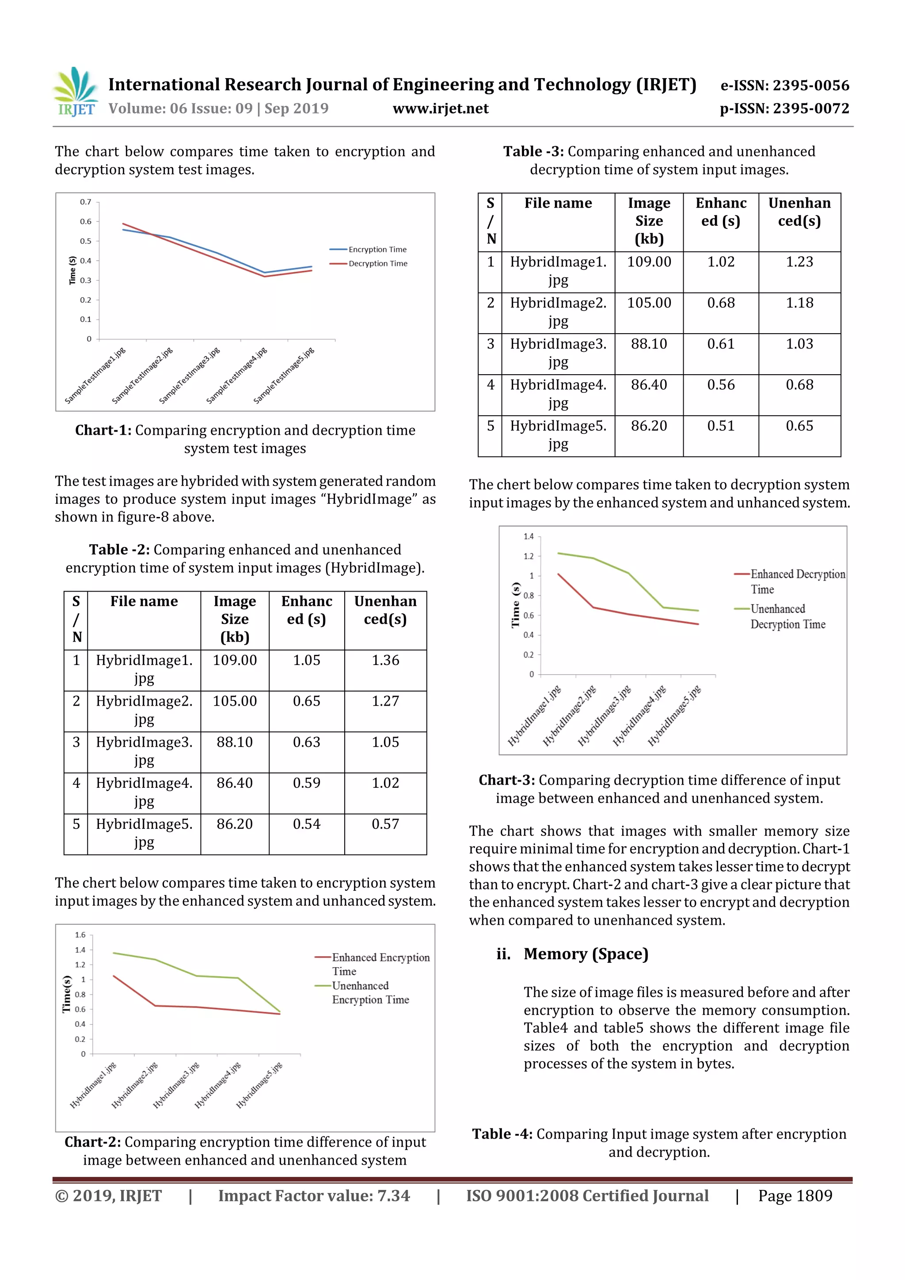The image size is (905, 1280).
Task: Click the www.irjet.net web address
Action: (441, 109)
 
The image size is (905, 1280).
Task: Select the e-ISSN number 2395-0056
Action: (784, 85)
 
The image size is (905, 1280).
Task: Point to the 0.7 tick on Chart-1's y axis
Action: (85, 202)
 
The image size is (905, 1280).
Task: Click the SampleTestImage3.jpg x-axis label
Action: (190, 375)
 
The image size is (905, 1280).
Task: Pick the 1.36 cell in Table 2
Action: (385, 661)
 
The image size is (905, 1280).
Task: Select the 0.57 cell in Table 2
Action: (385, 824)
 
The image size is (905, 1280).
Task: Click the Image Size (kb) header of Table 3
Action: (649, 221)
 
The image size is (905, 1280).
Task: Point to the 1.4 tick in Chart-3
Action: (528, 536)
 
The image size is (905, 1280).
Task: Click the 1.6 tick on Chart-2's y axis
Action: (80, 934)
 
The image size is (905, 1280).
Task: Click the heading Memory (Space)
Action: (586, 954)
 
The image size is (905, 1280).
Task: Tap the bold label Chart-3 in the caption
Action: (506, 780)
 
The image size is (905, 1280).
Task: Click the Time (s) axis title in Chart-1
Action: (72, 270)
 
